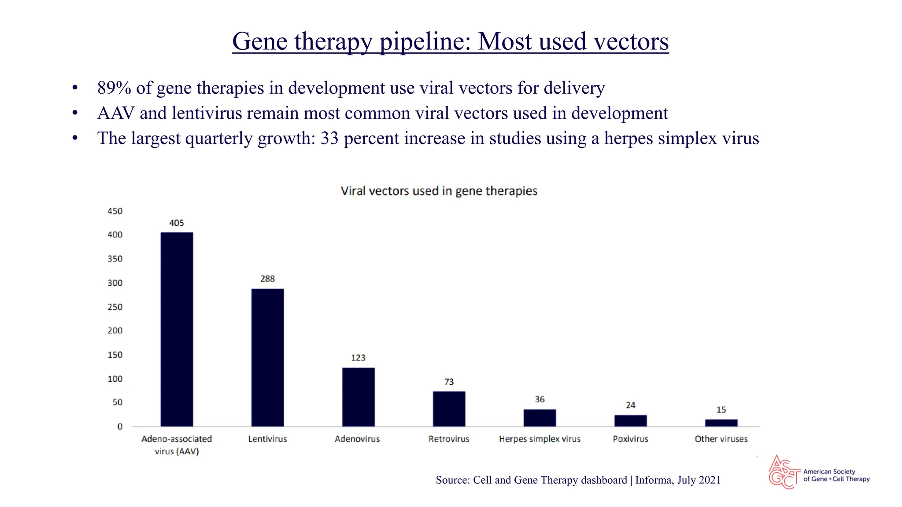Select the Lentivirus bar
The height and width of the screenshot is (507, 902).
267,357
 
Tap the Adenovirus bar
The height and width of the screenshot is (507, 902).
358,397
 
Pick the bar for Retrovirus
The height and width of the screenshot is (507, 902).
449,409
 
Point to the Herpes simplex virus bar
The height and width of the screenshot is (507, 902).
540,418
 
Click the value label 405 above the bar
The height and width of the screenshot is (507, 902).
177,223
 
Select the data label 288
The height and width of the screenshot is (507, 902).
267,279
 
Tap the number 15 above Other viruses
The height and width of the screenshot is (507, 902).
721,410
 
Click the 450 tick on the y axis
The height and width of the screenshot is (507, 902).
115,211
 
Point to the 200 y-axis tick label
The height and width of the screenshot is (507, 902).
115,331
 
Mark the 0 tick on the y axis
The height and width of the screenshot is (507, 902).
120,426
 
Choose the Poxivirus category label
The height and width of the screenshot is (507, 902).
630,439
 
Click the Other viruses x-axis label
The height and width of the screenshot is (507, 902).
721,439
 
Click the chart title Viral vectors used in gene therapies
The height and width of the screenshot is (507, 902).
439,191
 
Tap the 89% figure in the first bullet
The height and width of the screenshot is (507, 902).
114,88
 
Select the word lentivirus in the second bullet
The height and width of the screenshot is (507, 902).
207,114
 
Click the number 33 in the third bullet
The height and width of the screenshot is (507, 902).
329,139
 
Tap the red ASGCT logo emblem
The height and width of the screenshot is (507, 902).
784,472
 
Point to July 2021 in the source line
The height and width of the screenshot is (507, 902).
699,480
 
